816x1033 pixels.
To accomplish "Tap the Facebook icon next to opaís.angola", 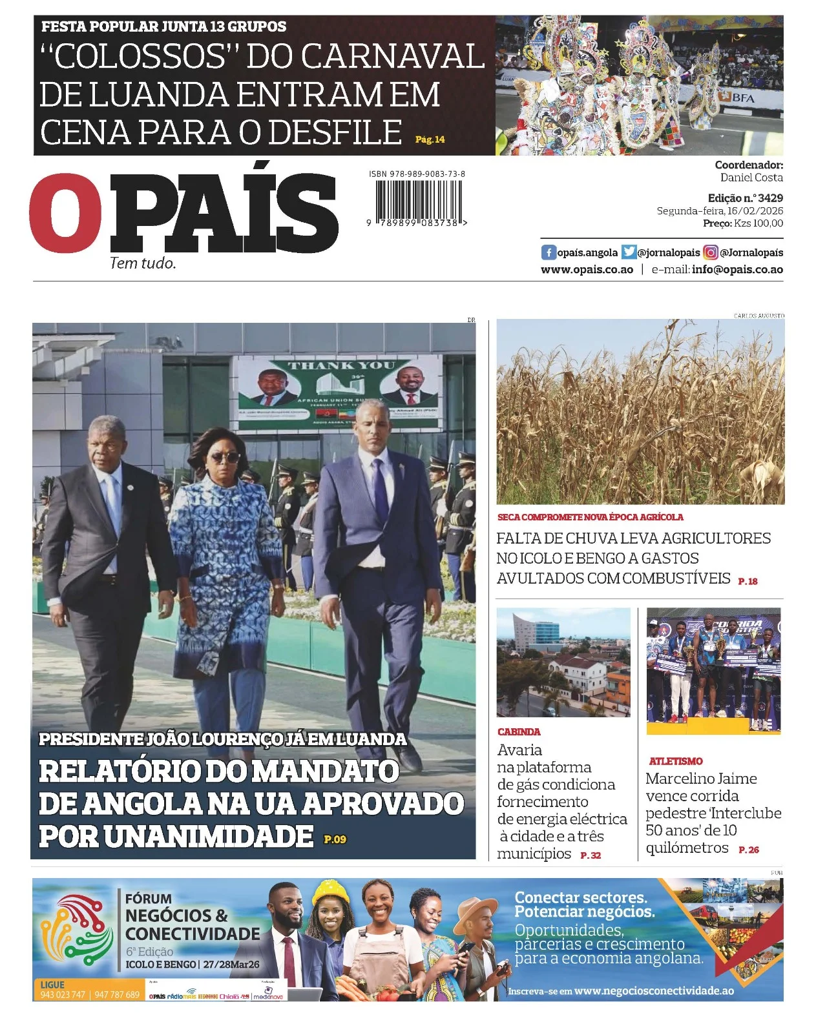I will (549, 252).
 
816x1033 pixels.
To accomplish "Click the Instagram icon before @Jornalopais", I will (710, 252).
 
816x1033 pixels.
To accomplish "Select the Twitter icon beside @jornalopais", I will (629, 252).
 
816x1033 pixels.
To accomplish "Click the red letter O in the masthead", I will (65, 212).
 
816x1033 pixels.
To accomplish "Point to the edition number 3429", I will (770, 198).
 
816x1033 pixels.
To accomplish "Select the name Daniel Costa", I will (751, 178).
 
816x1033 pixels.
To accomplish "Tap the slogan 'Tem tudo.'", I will (143, 263).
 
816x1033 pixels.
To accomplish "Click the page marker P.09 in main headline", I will (335, 839).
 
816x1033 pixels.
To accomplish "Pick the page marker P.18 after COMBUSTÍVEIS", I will (748, 581).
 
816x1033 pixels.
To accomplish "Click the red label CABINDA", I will (519, 732).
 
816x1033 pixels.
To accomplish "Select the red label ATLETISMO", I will (676, 762).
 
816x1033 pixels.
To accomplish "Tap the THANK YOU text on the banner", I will (340, 365).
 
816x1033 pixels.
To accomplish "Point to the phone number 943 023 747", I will (63, 995).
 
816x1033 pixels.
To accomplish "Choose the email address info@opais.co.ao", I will (737, 270).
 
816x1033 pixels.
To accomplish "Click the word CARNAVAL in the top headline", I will (392, 57).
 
